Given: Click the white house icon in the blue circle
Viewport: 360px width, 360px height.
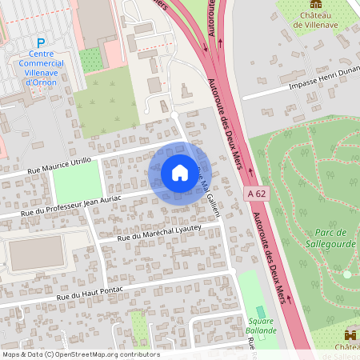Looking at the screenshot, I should click(179, 172).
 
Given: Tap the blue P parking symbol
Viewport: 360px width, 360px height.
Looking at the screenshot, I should click(41, 42).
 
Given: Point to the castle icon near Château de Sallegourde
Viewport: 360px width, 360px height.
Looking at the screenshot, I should click(350, 334).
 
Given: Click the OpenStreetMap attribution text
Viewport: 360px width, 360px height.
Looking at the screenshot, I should click(80, 354).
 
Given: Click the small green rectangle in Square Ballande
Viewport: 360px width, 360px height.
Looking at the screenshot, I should click(258, 311).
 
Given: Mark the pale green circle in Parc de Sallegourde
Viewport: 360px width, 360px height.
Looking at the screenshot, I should click(347, 274).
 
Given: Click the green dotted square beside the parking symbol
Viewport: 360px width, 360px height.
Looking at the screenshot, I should click(91, 58).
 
